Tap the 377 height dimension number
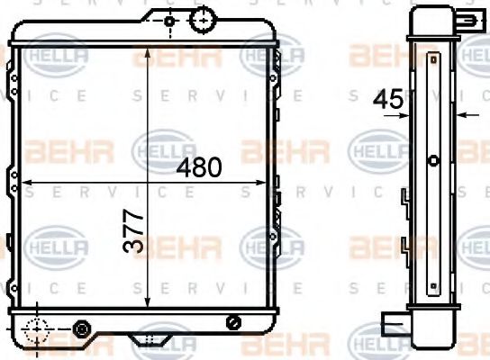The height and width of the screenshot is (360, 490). (133, 230)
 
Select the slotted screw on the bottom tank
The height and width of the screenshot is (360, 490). (234, 322)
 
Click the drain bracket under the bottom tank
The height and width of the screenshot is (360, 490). (147, 339)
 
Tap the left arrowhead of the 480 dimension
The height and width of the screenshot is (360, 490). (25, 183)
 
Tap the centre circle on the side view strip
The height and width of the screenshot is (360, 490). (433, 161)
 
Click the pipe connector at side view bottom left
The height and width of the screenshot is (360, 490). (394, 320)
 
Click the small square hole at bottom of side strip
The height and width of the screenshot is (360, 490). (433, 282)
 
